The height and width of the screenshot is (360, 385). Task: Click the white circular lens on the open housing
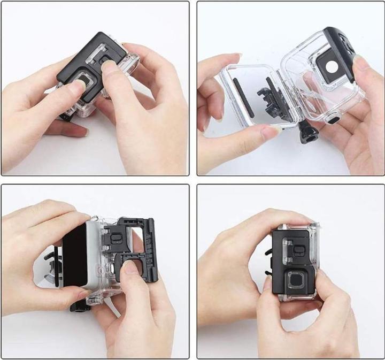330,69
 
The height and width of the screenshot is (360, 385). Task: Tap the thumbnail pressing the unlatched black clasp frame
128,268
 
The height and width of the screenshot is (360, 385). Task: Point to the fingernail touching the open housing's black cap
360,63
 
